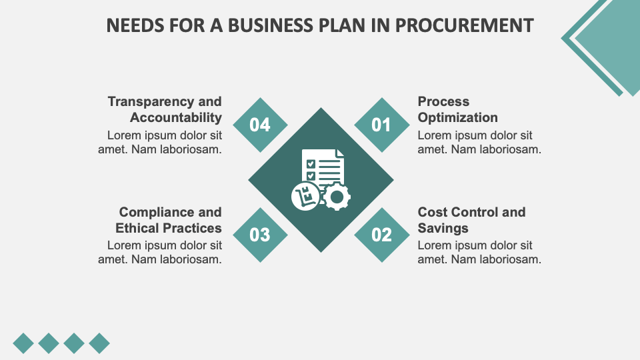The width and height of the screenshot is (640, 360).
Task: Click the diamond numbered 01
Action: pos(381,125)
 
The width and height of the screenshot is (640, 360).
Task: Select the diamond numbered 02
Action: pos(381,235)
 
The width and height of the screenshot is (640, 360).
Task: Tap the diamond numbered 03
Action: pos(260,235)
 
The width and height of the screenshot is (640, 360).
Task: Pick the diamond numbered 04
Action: pos(260,125)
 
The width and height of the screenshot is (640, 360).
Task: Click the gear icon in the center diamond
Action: pos(336,196)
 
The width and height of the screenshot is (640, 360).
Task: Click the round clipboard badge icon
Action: pos(306,195)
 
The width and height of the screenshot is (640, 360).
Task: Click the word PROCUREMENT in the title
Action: pos(464,25)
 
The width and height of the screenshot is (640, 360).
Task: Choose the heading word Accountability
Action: pos(176,117)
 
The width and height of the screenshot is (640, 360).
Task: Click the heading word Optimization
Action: pos(457,117)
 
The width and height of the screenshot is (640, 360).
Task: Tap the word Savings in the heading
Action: pos(443,228)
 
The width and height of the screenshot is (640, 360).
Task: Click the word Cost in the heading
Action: pos(432,212)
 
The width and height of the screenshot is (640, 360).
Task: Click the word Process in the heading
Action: pos(443,101)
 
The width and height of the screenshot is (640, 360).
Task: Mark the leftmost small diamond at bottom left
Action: pos(23,343)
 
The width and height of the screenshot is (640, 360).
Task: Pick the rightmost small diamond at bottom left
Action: pos(99,343)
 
